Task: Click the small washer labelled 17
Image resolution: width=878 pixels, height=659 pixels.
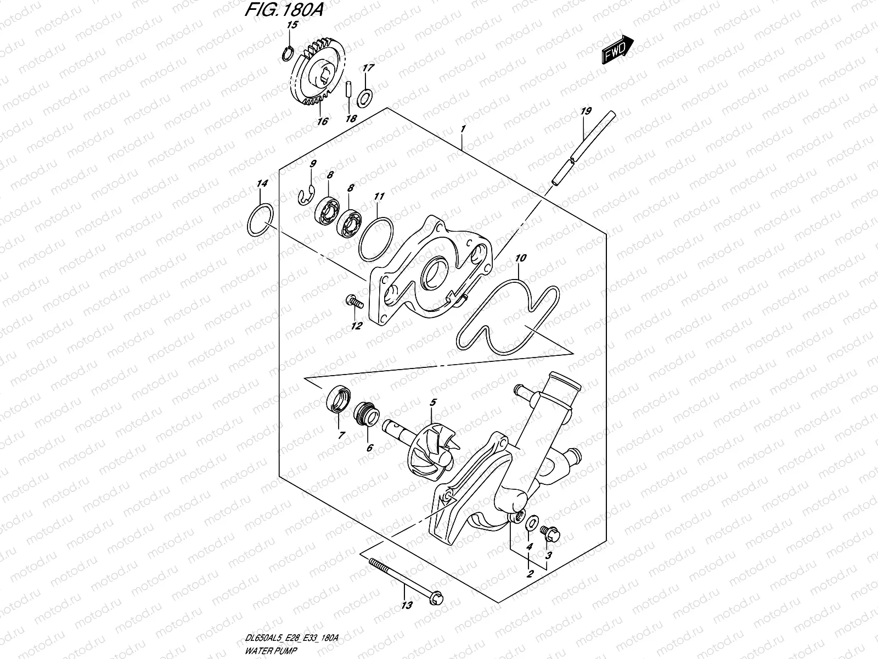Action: [364, 98]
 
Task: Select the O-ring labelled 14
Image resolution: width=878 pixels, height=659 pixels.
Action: [259, 222]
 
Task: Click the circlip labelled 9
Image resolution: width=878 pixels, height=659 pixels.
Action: [305, 196]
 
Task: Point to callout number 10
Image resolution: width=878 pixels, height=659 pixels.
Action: [521, 257]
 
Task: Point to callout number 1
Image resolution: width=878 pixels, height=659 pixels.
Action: [463, 129]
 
